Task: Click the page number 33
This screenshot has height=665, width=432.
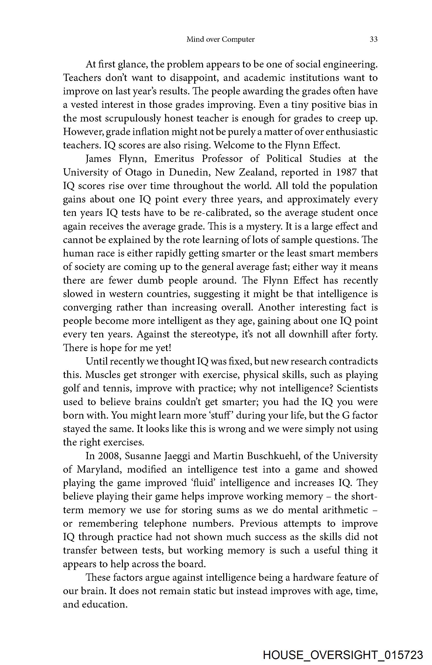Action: [x=373, y=39]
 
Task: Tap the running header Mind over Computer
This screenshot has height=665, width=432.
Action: [x=220, y=39]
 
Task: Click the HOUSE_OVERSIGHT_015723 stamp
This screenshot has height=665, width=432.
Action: [x=343, y=655]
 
